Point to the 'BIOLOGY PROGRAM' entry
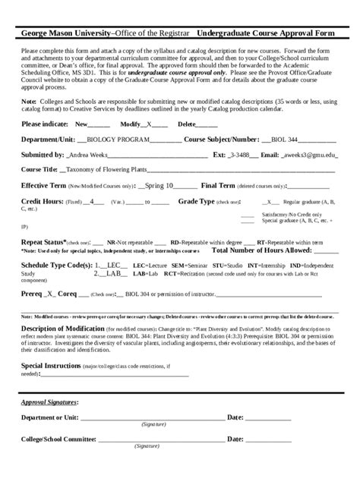118,140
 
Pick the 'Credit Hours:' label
42,202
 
